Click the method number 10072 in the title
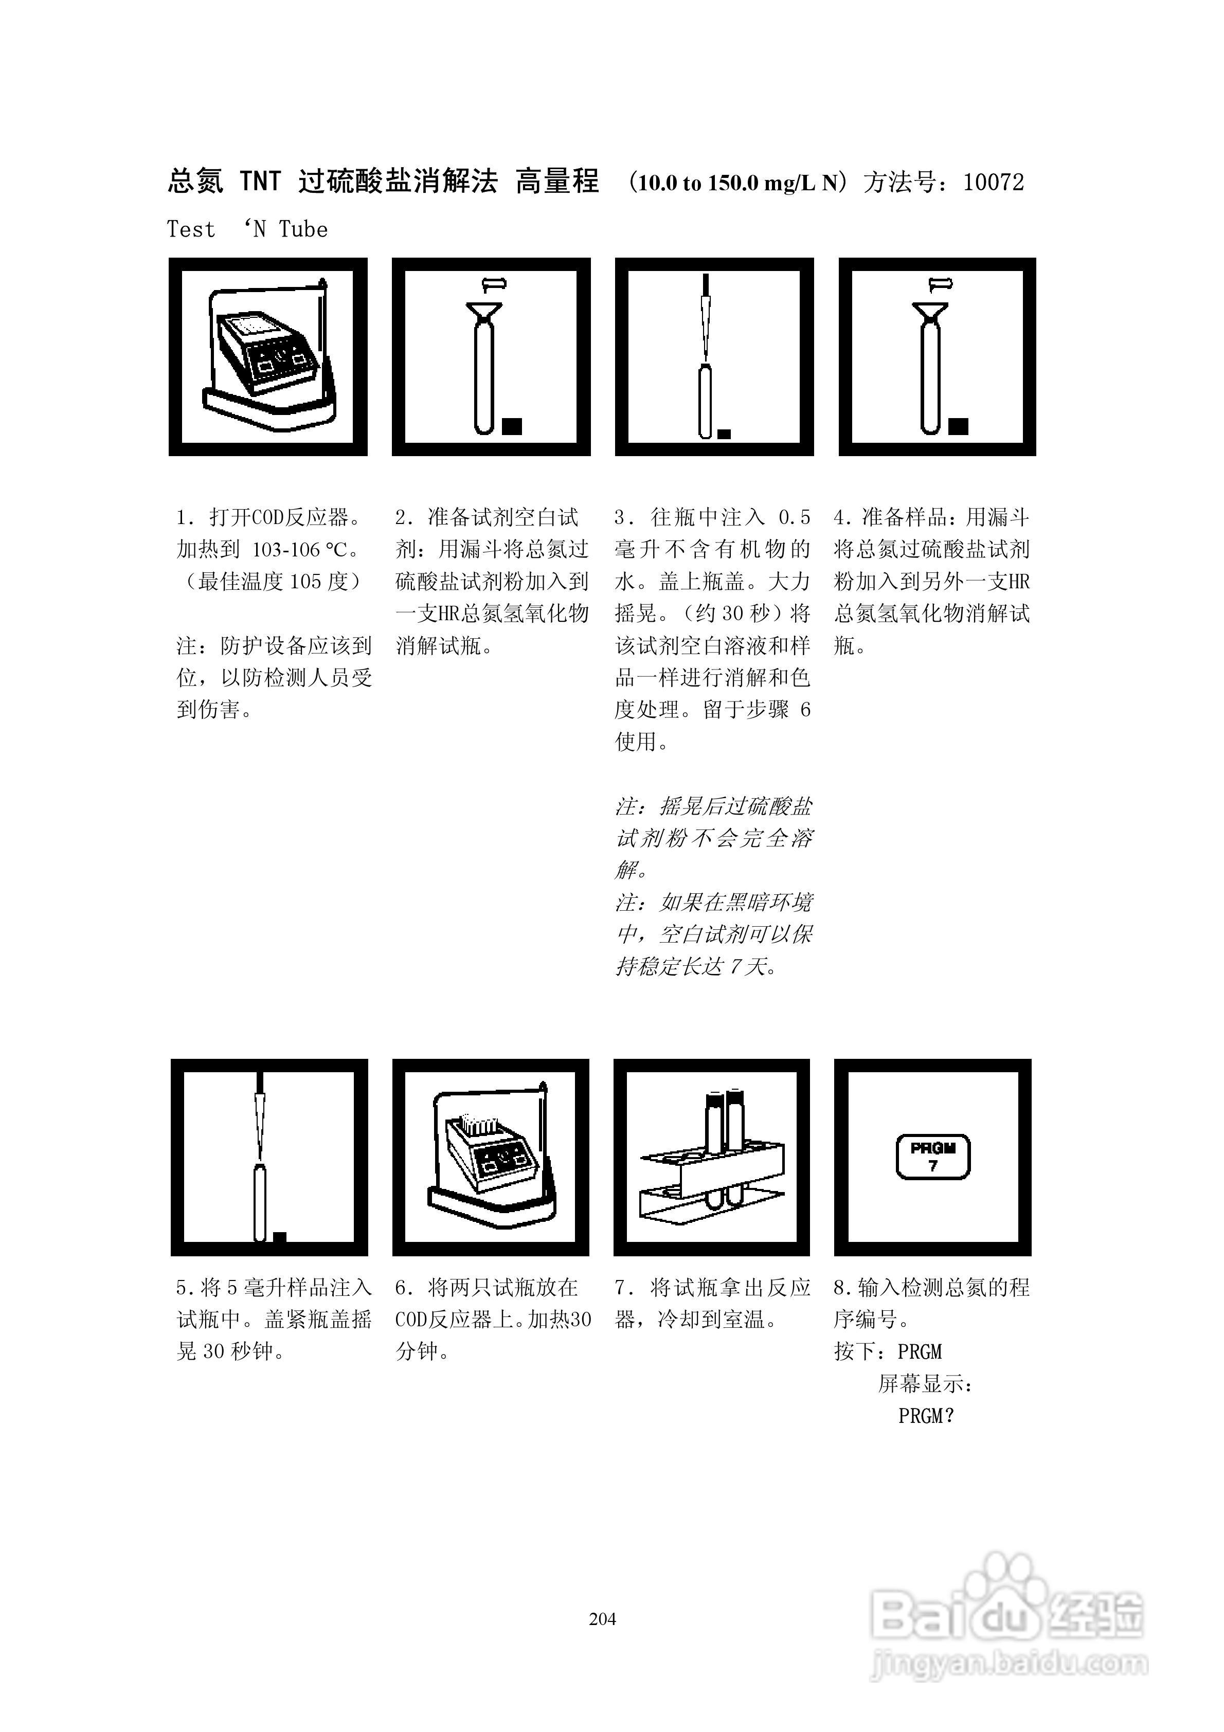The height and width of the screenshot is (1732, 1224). pyautogui.click(x=993, y=183)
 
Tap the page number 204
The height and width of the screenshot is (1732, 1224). pyautogui.click(x=602, y=1619)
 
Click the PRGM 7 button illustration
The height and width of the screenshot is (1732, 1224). pyautogui.click(x=933, y=1157)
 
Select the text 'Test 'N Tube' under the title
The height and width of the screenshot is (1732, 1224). pyautogui.click(x=247, y=229)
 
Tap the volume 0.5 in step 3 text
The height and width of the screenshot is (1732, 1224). pyautogui.click(x=794, y=517)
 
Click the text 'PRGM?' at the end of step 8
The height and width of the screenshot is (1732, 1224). pyautogui.click(x=926, y=1417)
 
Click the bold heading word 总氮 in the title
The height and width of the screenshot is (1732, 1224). pyautogui.click(x=195, y=183)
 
